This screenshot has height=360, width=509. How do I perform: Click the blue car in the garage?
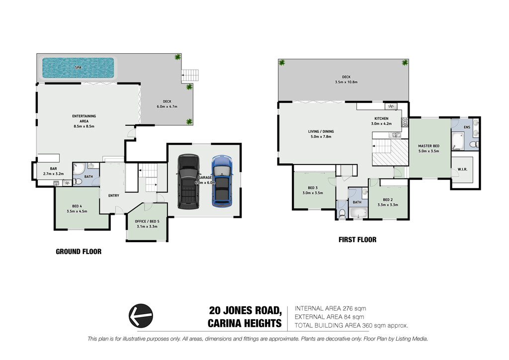click(x=222, y=181)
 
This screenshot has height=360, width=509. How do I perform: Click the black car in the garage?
click(x=188, y=181)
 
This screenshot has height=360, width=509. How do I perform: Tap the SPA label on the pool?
click(x=78, y=68)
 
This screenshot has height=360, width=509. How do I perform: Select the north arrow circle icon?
click(x=141, y=316)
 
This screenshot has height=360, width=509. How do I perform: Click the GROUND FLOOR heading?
click(x=79, y=252)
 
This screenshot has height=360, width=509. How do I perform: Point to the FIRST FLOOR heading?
click(x=357, y=240)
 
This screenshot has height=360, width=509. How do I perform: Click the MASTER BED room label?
click(x=428, y=146)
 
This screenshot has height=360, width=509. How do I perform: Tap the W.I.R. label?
click(x=463, y=169)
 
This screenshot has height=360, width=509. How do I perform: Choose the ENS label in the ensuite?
click(x=467, y=127)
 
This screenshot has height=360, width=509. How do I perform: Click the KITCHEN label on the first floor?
click(x=381, y=118)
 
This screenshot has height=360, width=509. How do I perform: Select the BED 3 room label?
click(x=313, y=187)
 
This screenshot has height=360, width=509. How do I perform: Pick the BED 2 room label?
click(x=388, y=199)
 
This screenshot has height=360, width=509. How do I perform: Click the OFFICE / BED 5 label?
click(x=147, y=221)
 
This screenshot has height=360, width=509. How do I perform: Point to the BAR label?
click(x=54, y=169)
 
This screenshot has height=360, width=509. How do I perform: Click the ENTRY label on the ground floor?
click(x=114, y=195)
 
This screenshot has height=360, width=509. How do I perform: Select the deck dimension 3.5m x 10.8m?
click(x=346, y=82)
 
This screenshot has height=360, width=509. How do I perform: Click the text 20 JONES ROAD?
click(x=245, y=310)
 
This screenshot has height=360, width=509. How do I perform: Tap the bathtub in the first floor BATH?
click(x=358, y=213)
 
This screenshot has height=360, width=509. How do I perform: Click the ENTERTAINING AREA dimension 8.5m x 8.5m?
click(x=84, y=126)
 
